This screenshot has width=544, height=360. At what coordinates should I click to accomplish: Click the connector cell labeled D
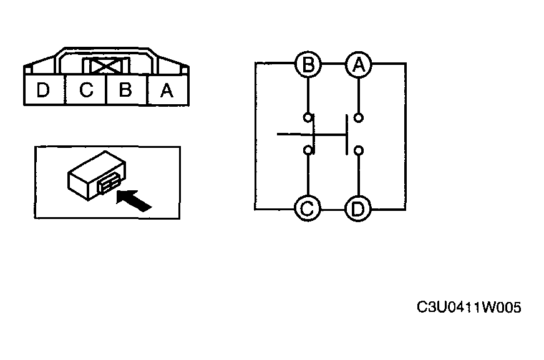44,89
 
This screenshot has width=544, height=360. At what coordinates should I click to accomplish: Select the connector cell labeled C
85,89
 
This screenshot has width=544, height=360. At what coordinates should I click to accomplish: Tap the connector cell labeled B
127,89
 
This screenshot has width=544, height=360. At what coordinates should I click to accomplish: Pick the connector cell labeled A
168,90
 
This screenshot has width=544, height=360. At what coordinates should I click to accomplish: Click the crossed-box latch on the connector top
105,66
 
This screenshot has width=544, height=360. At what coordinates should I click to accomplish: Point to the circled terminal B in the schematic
308,64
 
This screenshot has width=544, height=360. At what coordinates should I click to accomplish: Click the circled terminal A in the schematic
358,64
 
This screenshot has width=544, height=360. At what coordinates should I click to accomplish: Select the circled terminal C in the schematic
308,209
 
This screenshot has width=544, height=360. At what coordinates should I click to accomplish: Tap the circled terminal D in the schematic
358,209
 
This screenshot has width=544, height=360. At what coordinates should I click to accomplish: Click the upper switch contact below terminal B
308,117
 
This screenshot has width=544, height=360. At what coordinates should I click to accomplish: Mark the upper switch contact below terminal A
359,118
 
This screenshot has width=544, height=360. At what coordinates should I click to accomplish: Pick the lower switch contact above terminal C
308,150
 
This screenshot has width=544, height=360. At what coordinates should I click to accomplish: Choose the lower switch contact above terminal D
359,150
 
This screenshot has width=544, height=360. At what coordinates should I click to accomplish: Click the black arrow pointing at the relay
134,200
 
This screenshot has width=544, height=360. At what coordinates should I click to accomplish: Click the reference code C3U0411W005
469,308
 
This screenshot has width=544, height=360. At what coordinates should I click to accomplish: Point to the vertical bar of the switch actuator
346,135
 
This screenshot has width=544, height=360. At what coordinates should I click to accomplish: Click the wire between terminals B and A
333,64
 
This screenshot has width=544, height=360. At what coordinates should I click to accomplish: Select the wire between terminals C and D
333,210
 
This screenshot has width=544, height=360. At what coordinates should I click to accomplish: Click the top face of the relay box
97,165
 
